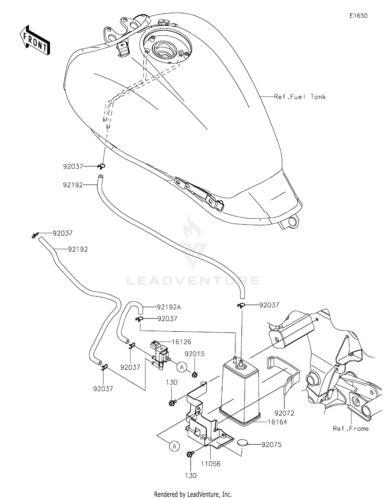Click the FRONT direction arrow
coord(35,40)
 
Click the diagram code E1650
coord(358,16)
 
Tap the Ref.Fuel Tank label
coord(300,97)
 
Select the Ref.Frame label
coord(350,428)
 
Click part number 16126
coord(181,342)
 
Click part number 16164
coord(277,422)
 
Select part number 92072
coord(284,413)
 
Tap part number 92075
coord(271,445)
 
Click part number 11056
coord(210,464)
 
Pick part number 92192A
coord(169,307)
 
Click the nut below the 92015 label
coord(195,374)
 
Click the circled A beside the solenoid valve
coord(182,367)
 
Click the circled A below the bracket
coord(174,446)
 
